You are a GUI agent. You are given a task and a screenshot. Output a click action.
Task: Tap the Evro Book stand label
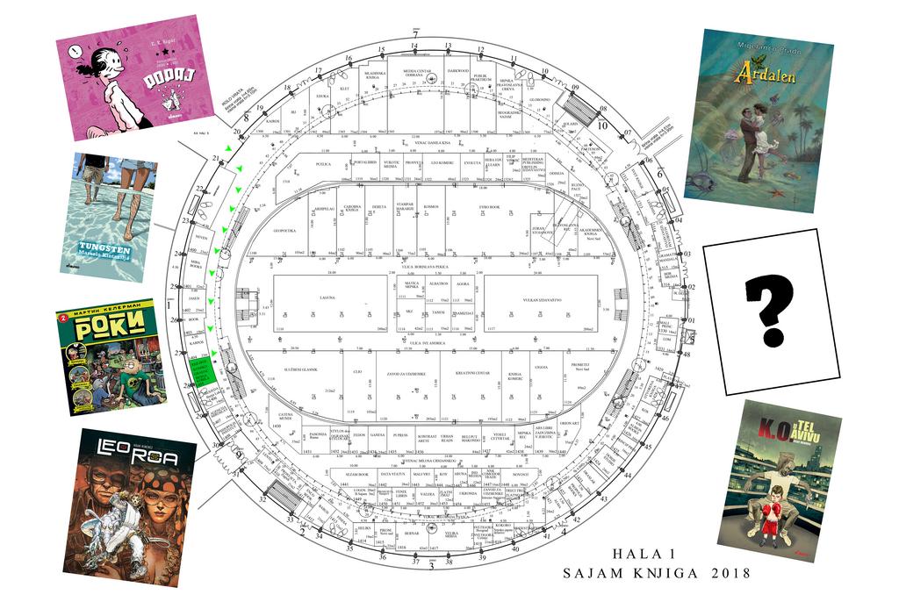(487, 207)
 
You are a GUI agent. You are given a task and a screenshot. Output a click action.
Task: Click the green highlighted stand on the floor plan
(203, 373)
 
